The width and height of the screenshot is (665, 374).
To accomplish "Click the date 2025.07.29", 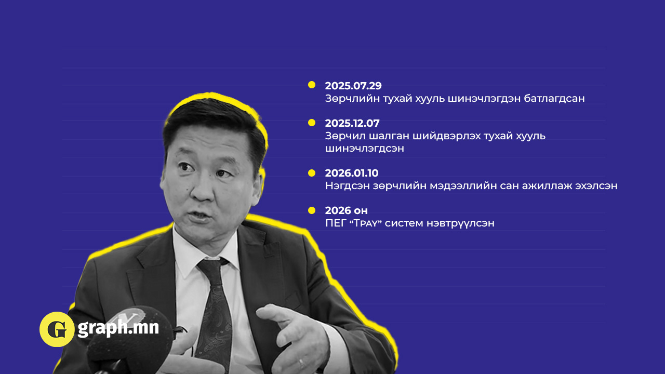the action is (x=353, y=86).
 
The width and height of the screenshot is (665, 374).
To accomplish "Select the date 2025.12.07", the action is (x=352, y=123).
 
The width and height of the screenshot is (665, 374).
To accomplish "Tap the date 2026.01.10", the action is (x=352, y=173).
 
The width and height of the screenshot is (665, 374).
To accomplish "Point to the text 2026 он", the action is (x=347, y=210).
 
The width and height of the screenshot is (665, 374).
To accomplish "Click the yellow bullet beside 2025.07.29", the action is (x=312, y=85).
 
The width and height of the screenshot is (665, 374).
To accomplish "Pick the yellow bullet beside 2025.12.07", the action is (x=312, y=123).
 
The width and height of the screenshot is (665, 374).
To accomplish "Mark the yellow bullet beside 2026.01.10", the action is (x=312, y=173).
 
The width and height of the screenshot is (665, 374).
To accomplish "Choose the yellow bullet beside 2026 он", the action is (x=312, y=210).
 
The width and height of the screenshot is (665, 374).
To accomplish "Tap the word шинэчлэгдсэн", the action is (x=365, y=149).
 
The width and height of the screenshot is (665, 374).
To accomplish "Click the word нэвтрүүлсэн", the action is (x=460, y=223).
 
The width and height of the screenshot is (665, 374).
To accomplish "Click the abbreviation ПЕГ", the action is (x=336, y=223).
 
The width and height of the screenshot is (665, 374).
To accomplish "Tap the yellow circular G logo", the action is (x=57, y=329).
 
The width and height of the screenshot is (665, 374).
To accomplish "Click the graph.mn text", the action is (x=118, y=328).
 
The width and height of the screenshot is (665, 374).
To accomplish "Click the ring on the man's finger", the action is (x=301, y=363).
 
